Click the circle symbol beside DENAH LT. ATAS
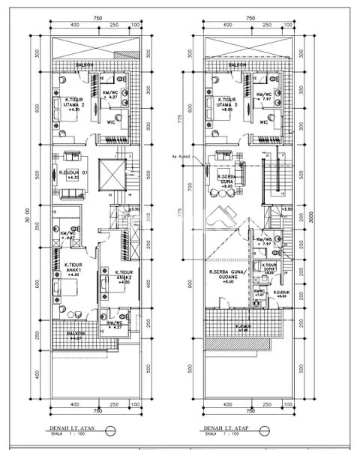pos(112,430)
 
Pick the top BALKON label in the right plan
pos(237,65)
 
